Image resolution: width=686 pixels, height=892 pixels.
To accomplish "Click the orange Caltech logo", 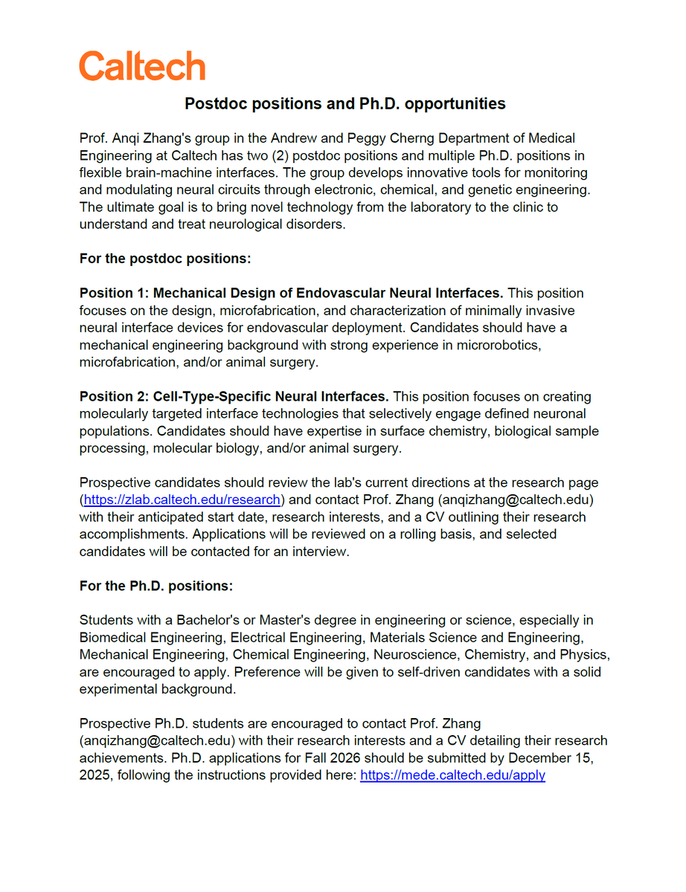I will click(142, 66).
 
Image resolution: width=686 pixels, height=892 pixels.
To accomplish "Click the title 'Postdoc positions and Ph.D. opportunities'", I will click(345, 103).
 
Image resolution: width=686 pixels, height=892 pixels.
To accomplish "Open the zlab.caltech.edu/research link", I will click(182, 499).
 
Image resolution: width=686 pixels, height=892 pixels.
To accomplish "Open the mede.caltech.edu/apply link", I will click(452, 775).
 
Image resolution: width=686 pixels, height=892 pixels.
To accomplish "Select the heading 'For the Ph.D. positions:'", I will click(156, 586).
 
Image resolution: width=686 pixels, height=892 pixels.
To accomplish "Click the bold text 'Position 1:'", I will click(115, 293).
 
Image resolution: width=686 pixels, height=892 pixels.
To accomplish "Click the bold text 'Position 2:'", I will click(115, 397).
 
